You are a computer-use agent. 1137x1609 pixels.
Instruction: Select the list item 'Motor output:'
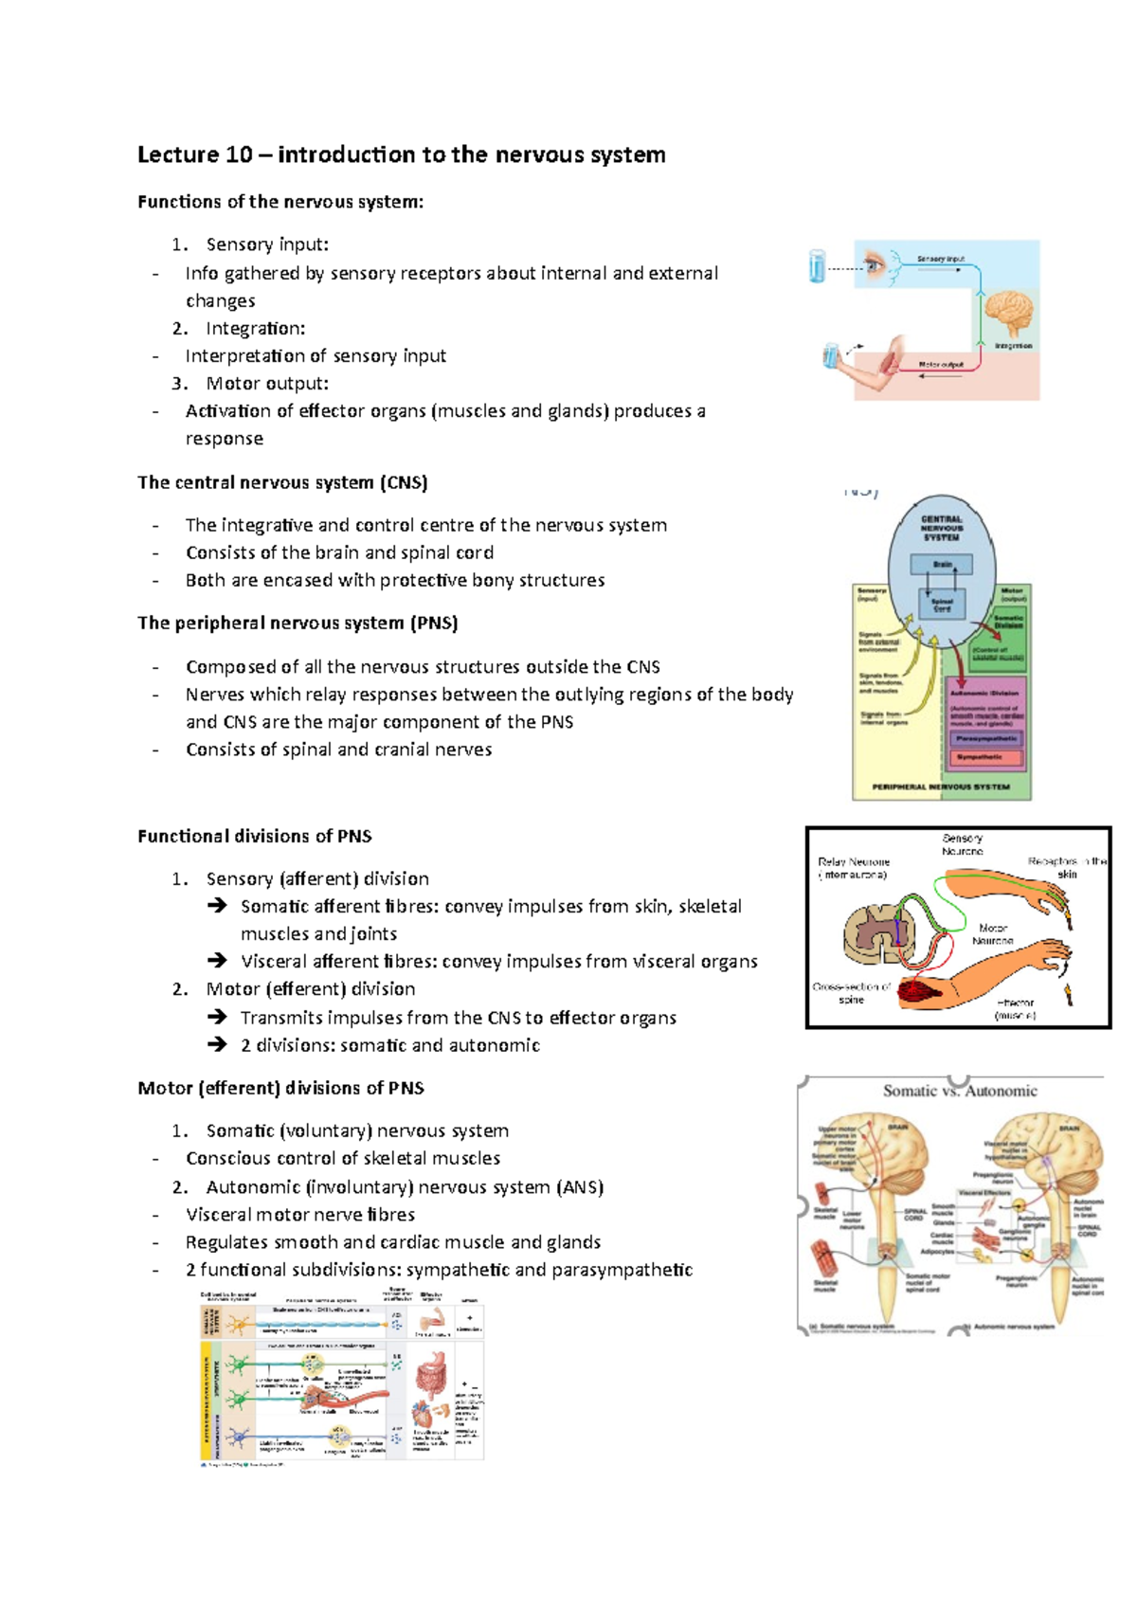[267, 384]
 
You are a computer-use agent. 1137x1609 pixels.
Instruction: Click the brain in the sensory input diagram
[1008, 315]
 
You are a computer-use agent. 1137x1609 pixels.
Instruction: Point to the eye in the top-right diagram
[874, 264]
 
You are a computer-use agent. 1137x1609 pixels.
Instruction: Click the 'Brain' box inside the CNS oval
[942, 565]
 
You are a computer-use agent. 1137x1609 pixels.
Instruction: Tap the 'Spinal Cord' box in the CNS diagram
[942, 605]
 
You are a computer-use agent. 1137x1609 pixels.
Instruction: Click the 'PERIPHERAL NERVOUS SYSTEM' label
[941, 786]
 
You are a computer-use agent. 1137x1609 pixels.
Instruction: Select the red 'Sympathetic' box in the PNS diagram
[985, 757]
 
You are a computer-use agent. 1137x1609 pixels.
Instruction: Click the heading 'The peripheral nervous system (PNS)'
[298, 624]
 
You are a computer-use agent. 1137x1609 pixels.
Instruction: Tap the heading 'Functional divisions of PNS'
[255, 837]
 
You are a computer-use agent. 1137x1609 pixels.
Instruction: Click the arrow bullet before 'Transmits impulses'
[218, 1018]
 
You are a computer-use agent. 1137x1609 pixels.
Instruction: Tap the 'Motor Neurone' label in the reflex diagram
[993, 934]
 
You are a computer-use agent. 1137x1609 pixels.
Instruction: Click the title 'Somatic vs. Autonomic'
[960, 1091]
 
